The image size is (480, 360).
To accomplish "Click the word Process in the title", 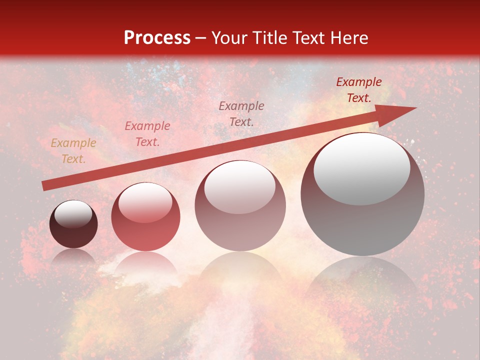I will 157,38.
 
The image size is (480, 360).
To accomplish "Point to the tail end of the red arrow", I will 45,185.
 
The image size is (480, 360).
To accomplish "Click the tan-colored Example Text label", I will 73,151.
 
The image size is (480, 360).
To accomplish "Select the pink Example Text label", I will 147,134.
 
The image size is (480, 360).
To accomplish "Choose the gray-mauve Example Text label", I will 241,113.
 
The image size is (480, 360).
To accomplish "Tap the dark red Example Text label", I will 359,90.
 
